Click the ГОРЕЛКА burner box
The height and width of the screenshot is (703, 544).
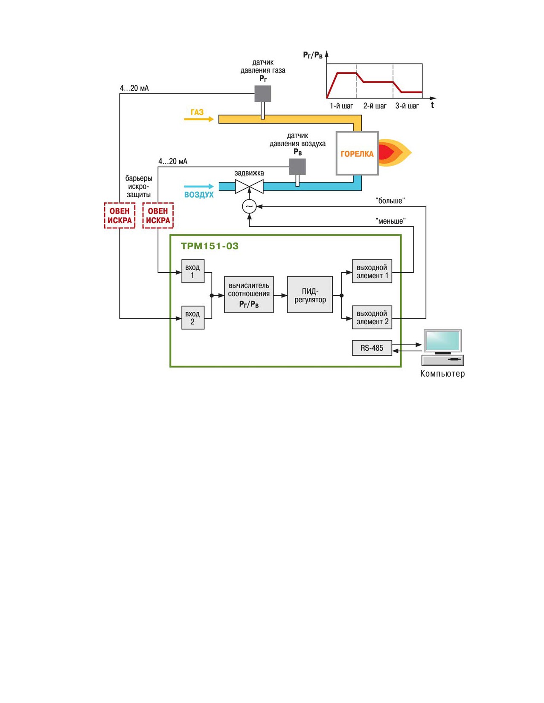coord(357,153)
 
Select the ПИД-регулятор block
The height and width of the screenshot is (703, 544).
coord(310,294)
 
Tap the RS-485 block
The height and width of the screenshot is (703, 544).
coord(372,348)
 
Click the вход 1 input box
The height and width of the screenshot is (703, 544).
coord(193,271)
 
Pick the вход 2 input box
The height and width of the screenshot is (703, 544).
coord(193,318)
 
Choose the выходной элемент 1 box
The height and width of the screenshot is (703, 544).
coord(372,271)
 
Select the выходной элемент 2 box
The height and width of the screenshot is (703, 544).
coord(372,317)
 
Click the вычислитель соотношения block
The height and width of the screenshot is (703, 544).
coord(249,294)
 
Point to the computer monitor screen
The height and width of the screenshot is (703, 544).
coord(442,341)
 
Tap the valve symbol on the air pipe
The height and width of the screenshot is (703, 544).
coord(249,186)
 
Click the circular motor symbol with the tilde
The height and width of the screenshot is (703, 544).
coord(249,206)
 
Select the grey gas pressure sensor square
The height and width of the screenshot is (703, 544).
coord(263,93)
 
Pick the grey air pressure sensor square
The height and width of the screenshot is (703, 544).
coord(297,167)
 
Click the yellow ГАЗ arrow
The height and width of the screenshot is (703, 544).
coord(199,119)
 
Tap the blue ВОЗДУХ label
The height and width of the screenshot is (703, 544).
coord(199,195)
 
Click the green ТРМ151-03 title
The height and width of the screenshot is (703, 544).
coord(209,246)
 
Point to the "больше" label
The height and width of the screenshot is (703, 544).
coord(390,201)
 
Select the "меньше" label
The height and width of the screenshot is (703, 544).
coord(390,221)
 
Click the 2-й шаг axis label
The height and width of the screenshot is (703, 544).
coord(375,106)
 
